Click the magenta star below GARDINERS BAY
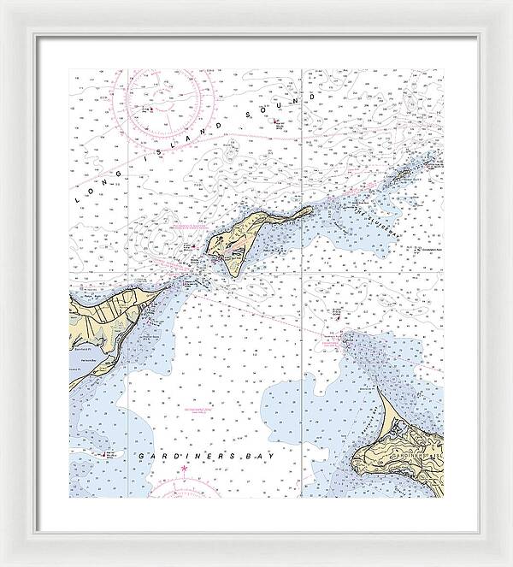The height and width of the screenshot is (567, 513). click(x=183, y=470)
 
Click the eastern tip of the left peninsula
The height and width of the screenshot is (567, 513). click(x=162, y=290)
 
